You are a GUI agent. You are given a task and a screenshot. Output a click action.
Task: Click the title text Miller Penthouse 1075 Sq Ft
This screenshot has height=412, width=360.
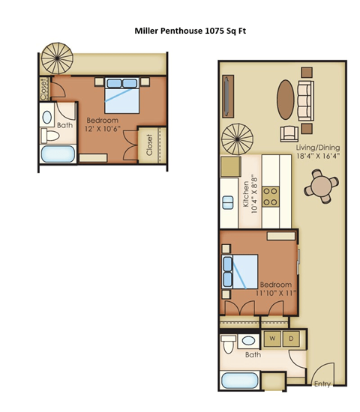[181, 32]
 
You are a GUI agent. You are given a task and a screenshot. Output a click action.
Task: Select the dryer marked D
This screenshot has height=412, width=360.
[292, 339]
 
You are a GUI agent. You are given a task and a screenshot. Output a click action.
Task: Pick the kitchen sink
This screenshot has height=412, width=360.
[229, 203]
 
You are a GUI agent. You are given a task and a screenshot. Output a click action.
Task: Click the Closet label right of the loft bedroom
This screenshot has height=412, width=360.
[149, 144]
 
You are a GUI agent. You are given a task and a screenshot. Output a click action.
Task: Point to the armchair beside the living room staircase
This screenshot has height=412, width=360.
[288, 134]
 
